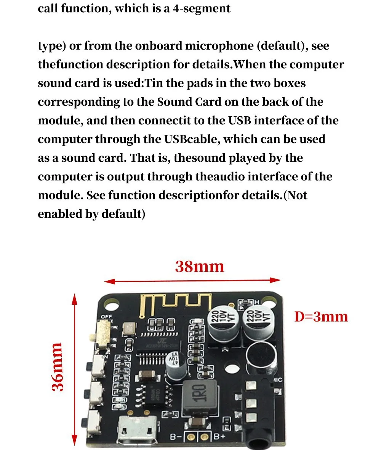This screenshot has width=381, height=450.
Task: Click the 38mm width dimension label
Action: click(x=200, y=267)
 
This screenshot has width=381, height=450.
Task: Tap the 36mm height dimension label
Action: click(x=58, y=366)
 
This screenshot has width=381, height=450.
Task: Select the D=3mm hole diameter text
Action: click(x=321, y=317)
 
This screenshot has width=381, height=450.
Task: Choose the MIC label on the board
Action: click(x=279, y=380)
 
